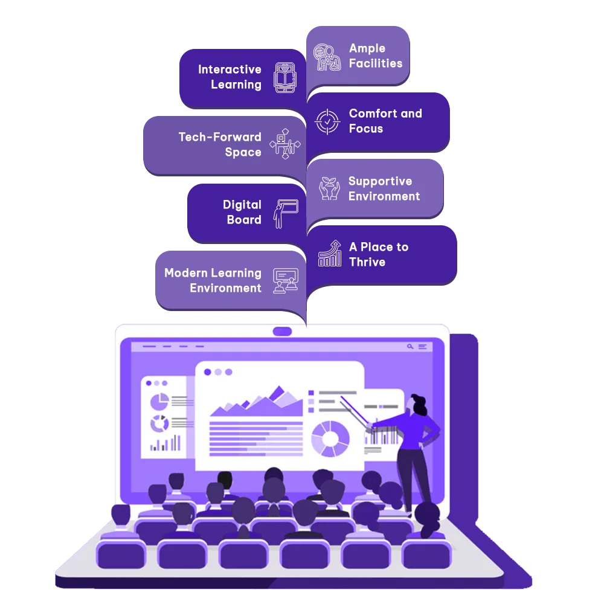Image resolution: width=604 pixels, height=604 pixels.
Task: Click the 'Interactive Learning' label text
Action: click(x=230, y=77)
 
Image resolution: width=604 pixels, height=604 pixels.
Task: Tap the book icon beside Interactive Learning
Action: click(x=285, y=77)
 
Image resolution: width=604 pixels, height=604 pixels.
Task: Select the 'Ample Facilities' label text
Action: click(x=376, y=56)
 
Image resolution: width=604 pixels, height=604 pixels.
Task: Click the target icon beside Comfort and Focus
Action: click(x=327, y=122)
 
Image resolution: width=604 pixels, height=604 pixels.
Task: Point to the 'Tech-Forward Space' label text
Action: click(x=220, y=144)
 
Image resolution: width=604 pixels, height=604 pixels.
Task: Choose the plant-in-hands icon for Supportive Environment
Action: click(x=329, y=188)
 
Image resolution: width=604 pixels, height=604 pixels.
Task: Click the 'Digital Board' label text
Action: click(x=242, y=212)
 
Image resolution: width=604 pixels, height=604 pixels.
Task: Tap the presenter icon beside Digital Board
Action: click(x=286, y=214)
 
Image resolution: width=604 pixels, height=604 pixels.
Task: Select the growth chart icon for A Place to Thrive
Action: click(x=330, y=253)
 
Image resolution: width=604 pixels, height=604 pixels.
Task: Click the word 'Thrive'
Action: click(x=367, y=262)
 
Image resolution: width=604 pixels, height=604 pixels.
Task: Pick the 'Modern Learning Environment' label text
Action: click(x=213, y=280)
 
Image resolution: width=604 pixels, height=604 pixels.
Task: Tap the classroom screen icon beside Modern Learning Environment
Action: click(x=286, y=281)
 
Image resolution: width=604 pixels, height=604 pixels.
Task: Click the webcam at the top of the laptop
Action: click(x=282, y=331)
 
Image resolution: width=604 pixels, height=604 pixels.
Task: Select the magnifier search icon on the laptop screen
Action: click(x=410, y=347)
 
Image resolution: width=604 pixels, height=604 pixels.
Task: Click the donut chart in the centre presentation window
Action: click(x=330, y=439)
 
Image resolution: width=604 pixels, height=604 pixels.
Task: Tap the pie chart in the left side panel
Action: click(x=159, y=402)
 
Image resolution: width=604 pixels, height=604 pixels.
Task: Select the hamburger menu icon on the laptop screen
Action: click(x=423, y=347)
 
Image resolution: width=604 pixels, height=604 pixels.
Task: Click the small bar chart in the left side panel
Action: click(x=165, y=443)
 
